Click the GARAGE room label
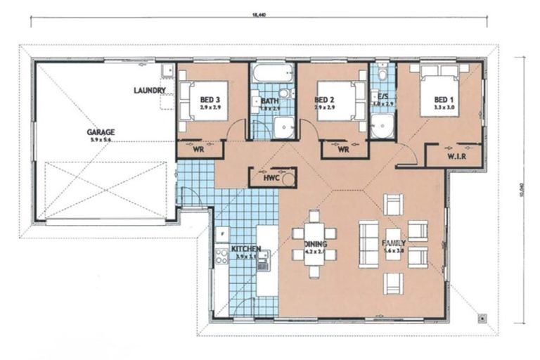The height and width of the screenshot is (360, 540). (x=101, y=131)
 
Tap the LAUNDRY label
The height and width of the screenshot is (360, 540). (x=150, y=91)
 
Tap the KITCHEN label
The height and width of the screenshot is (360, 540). (x=245, y=250)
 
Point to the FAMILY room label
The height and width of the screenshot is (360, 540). (x=394, y=245)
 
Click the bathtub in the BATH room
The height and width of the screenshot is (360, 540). (x=273, y=73)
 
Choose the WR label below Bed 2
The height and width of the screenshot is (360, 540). (x=344, y=149)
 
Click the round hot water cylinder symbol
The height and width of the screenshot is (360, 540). (x=288, y=179)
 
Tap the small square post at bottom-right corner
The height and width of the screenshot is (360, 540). (x=482, y=318)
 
